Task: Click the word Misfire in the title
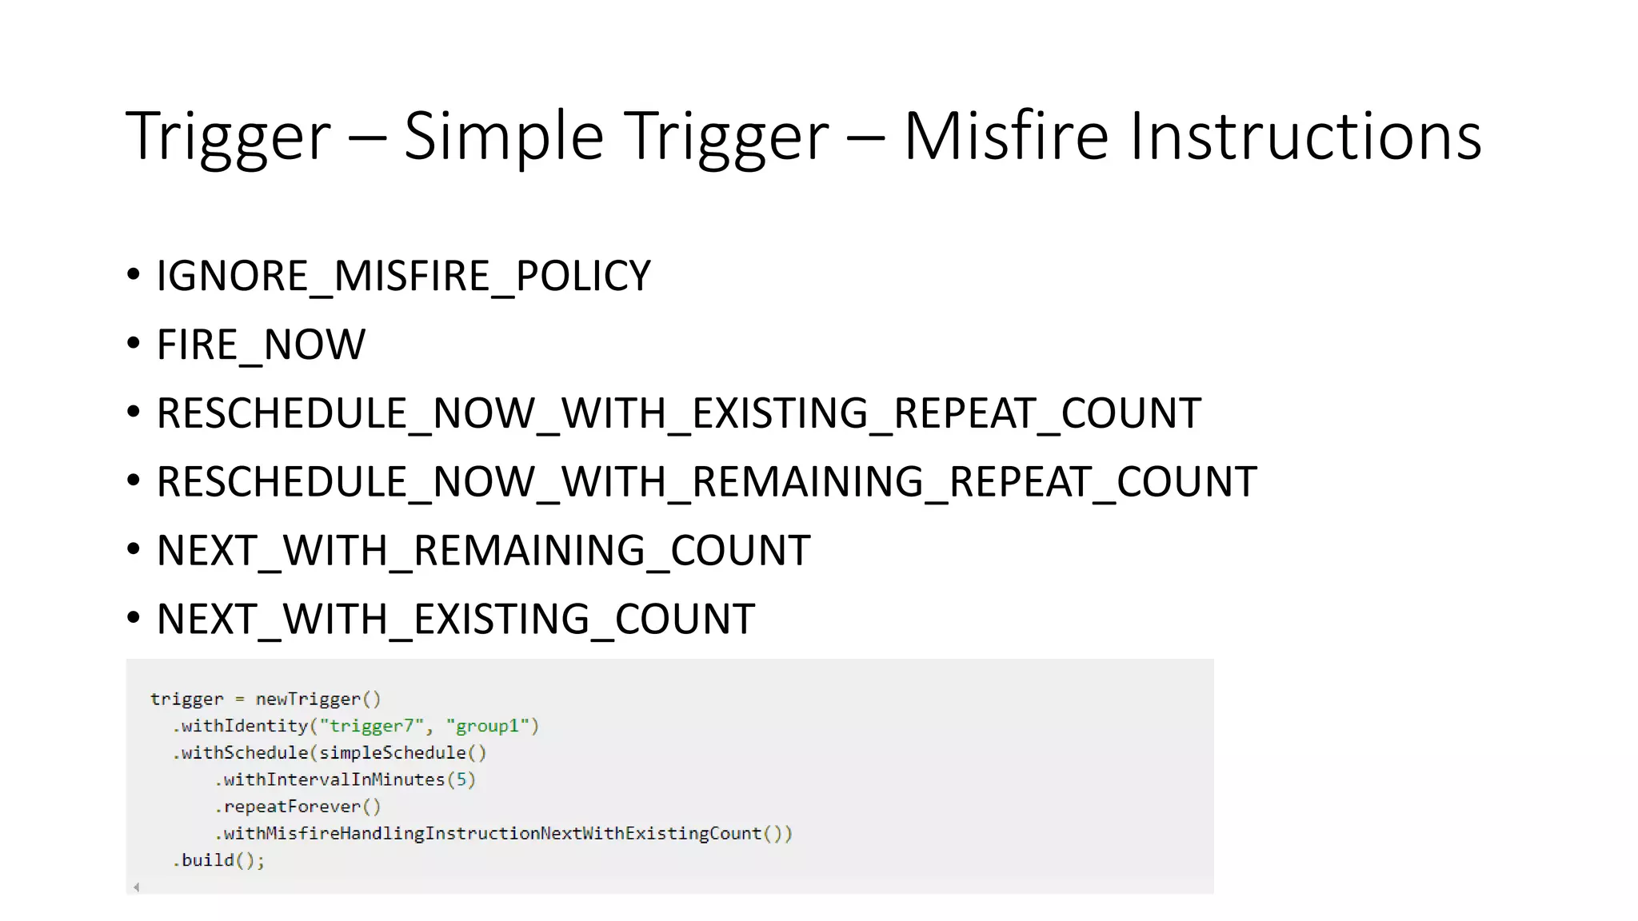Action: point(1005,136)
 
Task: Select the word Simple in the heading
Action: point(503,136)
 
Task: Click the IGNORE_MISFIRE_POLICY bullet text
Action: point(403,276)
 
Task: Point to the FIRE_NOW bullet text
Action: point(261,345)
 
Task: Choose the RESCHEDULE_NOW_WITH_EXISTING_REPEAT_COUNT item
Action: point(678,413)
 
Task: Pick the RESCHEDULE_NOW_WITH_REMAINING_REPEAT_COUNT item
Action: point(706,482)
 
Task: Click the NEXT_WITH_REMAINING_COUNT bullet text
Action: point(483,551)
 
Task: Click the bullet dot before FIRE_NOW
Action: point(134,344)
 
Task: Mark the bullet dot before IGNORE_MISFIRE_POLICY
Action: point(134,275)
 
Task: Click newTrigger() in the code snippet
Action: point(318,700)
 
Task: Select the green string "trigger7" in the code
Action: point(371,726)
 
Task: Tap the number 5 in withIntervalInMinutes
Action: point(461,779)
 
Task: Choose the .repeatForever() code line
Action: point(298,807)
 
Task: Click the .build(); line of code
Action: point(218,860)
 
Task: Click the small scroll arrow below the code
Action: point(137,887)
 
